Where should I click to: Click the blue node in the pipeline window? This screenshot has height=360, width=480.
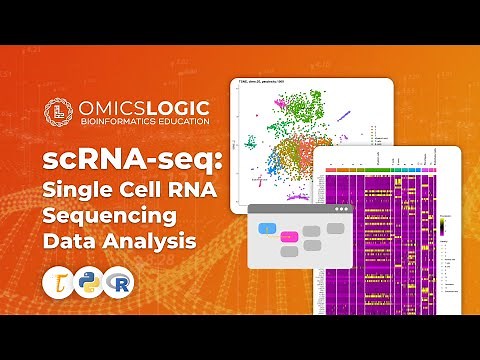[268, 230]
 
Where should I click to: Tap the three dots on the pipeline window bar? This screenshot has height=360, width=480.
[342, 210]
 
